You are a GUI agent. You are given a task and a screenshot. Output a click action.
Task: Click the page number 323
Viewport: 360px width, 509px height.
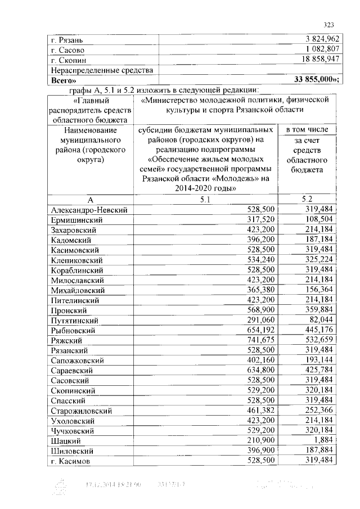point(329,24)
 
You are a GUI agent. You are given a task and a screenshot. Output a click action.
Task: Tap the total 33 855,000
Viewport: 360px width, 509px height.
point(313,80)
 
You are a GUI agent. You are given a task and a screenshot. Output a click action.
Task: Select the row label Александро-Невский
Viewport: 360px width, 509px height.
point(88,210)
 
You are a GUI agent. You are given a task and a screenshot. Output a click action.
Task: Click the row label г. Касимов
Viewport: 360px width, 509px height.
point(70,461)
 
